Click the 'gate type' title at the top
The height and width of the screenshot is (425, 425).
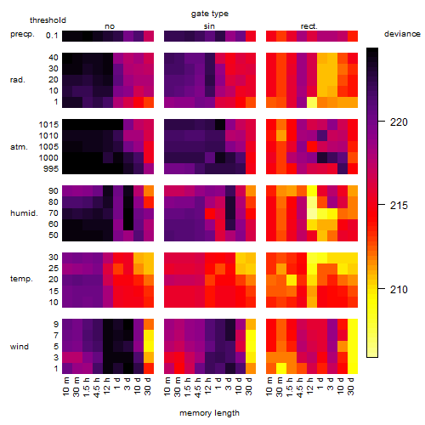tap(210, 14)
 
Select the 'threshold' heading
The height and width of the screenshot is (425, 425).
tap(48, 20)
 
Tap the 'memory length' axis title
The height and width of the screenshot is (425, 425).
tap(210, 413)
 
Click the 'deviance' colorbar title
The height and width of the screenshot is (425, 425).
tap(402, 34)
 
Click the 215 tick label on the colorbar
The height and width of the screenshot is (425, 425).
tap(399, 206)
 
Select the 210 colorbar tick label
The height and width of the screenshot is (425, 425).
tap(399, 289)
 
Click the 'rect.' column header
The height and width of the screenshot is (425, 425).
tap(309, 26)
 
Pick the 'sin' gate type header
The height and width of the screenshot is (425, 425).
tap(209, 26)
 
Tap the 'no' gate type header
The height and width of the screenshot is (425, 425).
tap(110, 26)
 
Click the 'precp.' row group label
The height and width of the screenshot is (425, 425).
tap(22, 34)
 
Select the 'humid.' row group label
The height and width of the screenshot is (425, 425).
tap(24, 213)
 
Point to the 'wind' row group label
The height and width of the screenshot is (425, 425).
tap(20, 347)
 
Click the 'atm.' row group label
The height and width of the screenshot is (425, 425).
tap(19, 147)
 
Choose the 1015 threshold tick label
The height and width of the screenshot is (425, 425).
tap(48, 125)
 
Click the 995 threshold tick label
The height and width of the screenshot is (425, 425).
tap(51, 169)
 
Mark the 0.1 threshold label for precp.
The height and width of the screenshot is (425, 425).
tap(52, 36)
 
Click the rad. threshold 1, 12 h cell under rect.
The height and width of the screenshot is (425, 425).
tap(312, 102)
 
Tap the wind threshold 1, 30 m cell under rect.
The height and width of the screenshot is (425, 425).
tap(281, 368)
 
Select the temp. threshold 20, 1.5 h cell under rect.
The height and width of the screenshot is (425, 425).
tap(292, 280)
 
